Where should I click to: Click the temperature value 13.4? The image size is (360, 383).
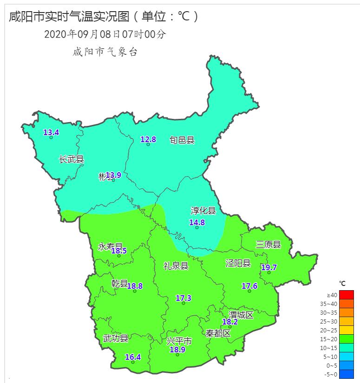pyautogui.click(x=51, y=132)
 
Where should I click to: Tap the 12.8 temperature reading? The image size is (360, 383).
pyautogui.click(x=148, y=139)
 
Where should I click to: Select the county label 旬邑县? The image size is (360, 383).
pyautogui.click(x=182, y=140)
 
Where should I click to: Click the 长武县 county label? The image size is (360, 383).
pyautogui.click(x=72, y=159)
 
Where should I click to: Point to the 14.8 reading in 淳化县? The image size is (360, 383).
pyautogui.click(x=197, y=222)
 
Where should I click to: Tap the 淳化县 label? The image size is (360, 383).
pyautogui.click(x=203, y=210)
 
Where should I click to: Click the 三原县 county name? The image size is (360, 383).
pyautogui.click(x=268, y=245)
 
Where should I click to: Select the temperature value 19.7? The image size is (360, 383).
pyautogui.click(x=268, y=267)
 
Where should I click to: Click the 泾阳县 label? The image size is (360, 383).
pyautogui.click(x=238, y=263)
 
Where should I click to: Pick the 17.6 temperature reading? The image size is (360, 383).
pyautogui.click(x=249, y=286)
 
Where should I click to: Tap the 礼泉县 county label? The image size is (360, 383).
pyautogui.click(x=176, y=266)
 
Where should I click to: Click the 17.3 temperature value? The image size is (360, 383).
pyautogui.click(x=183, y=298)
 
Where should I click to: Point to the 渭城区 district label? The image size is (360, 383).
pyautogui.click(x=241, y=315)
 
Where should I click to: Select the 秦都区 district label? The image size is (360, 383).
pyautogui.click(x=218, y=333)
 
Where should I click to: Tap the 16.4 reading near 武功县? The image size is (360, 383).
pyautogui.click(x=133, y=357)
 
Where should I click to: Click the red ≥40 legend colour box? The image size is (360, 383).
pyautogui.click(x=346, y=295)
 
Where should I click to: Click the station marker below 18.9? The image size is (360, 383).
pyautogui.click(x=177, y=355)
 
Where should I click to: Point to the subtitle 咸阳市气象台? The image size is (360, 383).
pyautogui.click(x=105, y=52)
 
